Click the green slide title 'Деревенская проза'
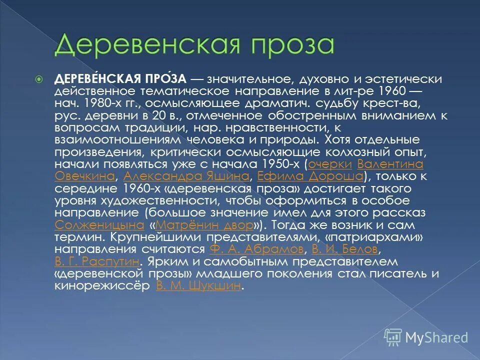(194, 43)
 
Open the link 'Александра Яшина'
(186, 176)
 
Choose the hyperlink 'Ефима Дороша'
(310, 176)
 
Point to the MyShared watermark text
(436, 337)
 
